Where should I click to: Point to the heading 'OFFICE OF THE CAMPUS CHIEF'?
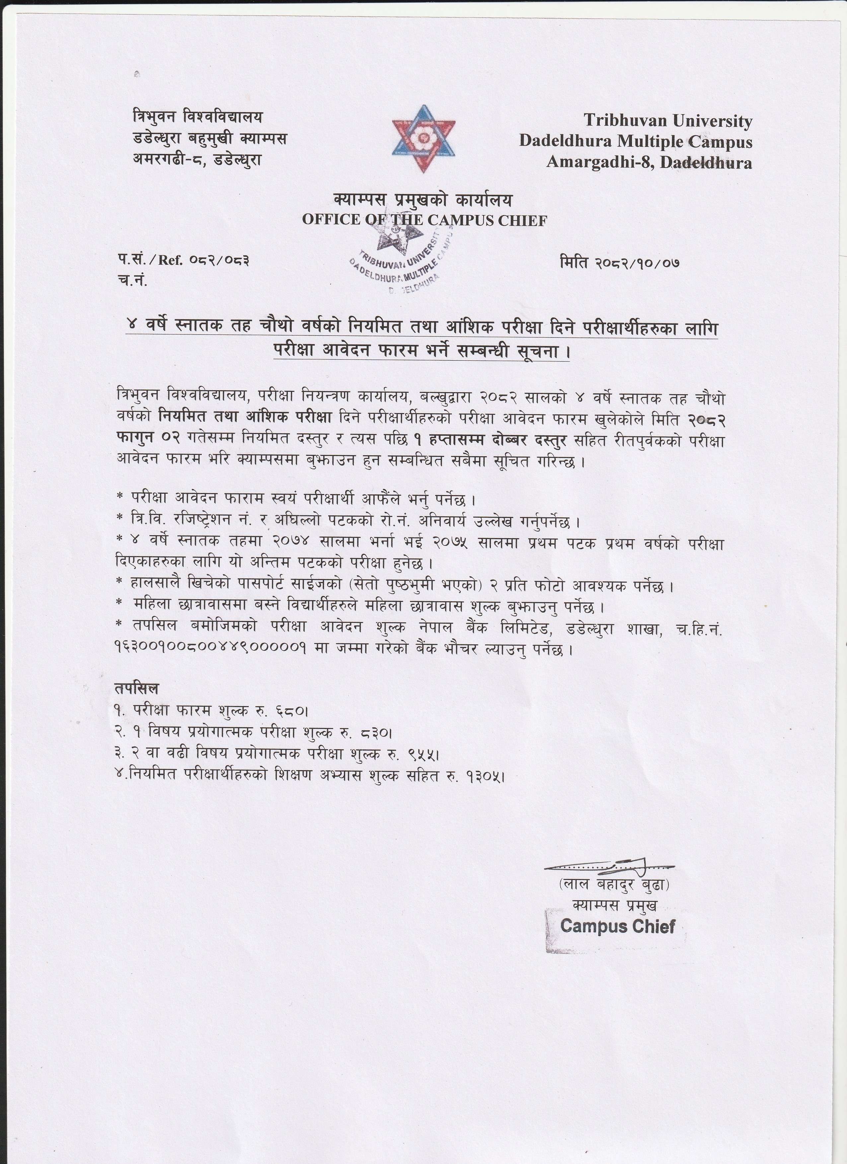[424, 220]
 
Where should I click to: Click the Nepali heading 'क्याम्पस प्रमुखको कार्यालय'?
[423, 199]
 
